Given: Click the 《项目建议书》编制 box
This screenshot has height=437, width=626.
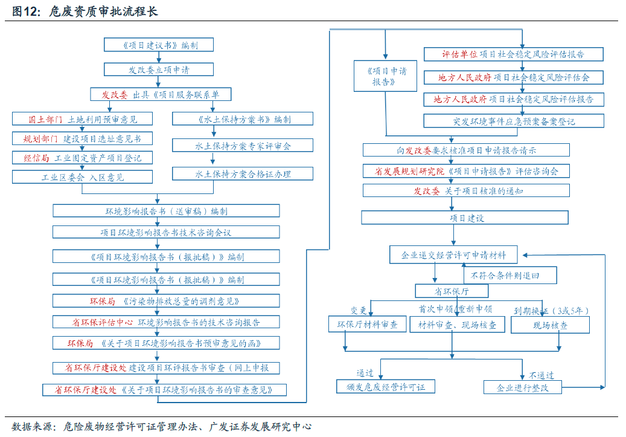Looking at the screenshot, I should click(x=159, y=45).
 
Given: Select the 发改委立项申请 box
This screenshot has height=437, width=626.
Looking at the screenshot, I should click(x=159, y=70).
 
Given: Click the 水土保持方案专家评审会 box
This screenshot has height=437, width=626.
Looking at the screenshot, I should click(x=243, y=146).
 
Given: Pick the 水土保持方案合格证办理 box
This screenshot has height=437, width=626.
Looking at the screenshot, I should click(x=243, y=174).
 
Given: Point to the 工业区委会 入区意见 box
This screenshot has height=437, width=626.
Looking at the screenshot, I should click(x=82, y=177).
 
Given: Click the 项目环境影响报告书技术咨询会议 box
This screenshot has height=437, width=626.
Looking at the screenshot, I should click(x=166, y=232).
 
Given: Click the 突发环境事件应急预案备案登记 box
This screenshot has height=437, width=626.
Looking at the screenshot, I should click(x=514, y=121).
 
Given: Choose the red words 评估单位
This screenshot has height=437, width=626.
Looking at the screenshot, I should click(x=459, y=54).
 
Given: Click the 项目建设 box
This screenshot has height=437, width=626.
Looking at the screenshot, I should click(x=465, y=218).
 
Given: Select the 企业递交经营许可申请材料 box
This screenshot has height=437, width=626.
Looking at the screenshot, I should click(x=453, y=255).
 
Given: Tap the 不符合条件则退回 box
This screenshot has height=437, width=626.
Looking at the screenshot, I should click(x=510, y=276).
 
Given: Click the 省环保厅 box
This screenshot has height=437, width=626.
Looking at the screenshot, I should click(x=435, y=291).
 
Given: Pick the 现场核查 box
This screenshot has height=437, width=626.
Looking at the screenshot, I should click(x=550, y=325).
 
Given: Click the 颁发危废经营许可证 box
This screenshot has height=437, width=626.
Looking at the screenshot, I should click(x=386, y=387).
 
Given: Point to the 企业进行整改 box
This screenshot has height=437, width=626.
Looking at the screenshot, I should click(x=523, y=387).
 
